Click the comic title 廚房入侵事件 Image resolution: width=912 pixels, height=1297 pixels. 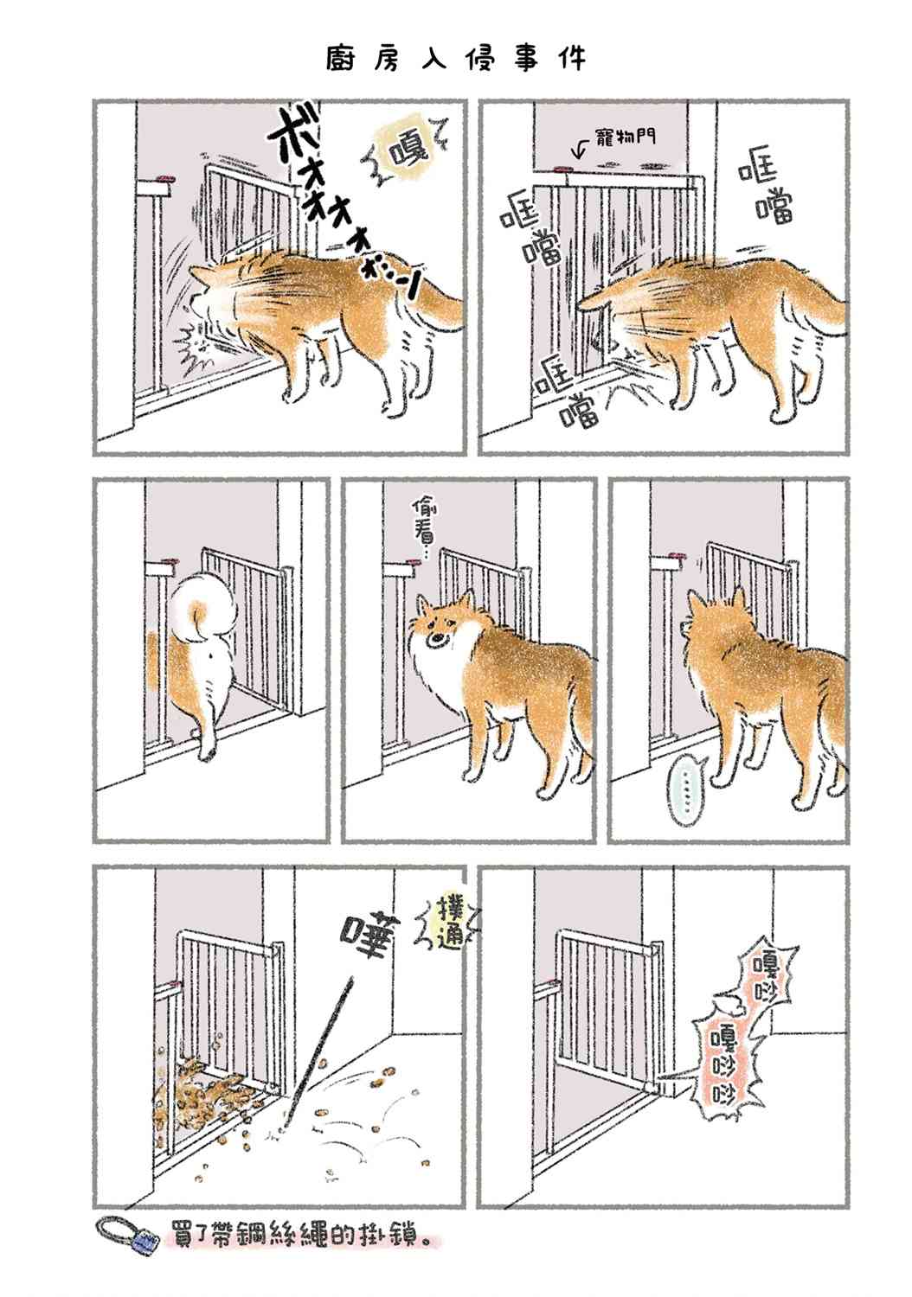coord(456,59)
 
